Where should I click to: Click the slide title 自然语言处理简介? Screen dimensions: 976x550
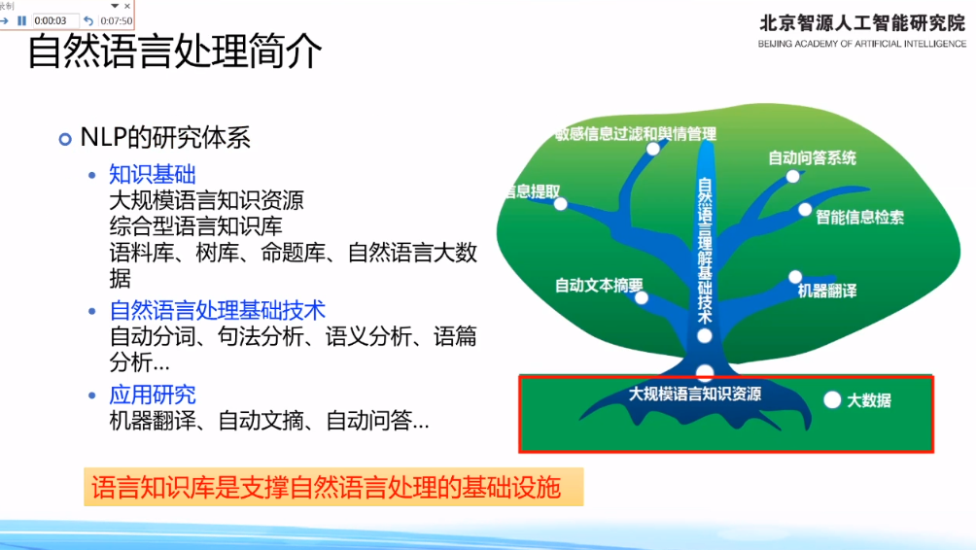click(x=174, y=52)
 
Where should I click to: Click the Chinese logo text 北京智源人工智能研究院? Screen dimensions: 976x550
click(x=862, y=23)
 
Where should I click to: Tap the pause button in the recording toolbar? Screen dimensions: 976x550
click(x=21, y=20)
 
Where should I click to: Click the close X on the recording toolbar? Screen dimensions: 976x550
click(x=127, y=6)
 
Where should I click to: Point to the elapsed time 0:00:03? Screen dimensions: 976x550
click(x=51, y=20)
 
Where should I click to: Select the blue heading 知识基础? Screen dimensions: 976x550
click(x=153, y=174)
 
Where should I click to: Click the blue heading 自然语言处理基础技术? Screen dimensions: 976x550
click(x=217, y=310)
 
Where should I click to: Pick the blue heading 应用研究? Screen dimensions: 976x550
click(x=153, y=395)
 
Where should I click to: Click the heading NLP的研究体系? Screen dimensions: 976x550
click(x=165, y=138)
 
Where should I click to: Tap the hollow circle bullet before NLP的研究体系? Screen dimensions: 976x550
click(x=65, y=139)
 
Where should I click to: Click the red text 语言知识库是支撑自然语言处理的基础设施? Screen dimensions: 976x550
click(x=327, y=487)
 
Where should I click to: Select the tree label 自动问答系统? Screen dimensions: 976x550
click(x=812, y=158)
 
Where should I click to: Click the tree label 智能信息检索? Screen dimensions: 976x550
click(x=859, y=217)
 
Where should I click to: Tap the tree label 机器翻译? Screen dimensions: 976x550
click(x=827, y=291)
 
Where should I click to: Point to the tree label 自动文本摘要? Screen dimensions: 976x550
click(x=599, y=286)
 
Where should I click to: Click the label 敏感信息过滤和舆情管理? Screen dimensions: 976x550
click(x=636, y=134)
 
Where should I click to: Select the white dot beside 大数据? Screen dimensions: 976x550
click(x=832, y=399)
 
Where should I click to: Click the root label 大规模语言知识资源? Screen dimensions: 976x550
click(x=695, y=394)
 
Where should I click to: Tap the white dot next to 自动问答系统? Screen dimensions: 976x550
click(x=792, y=177)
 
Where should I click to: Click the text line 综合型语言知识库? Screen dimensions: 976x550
click(x=195, y=225)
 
